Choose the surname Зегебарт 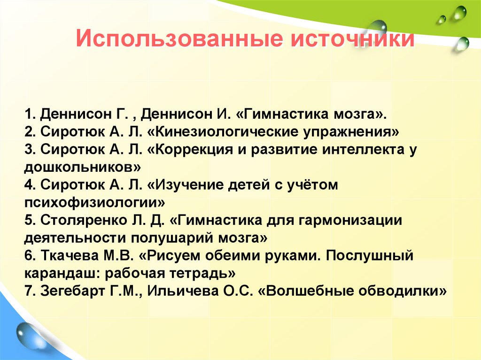(71, 291)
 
